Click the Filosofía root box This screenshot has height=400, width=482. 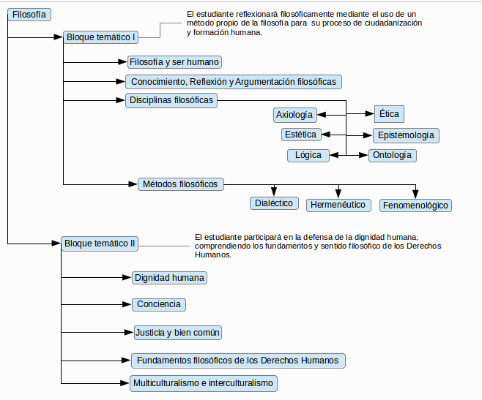pos(29,15)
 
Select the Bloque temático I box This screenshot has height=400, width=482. pos(100,37)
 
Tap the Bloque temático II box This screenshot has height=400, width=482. pos(100,244)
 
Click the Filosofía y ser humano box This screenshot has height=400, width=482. pos(174,62)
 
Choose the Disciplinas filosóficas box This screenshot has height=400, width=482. pos(171,100)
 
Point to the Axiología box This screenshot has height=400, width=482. pos(294,115)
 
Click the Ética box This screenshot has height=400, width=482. pos(389,114)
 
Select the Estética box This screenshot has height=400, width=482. pos(301,135)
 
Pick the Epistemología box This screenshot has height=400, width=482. pos(406,135)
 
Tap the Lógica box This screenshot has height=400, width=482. pos(308,155)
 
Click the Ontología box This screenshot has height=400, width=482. pos(393,155)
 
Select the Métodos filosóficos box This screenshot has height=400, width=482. pos(181,184)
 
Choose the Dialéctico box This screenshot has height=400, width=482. pos(274,203)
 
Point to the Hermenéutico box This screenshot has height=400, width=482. pos(338,205)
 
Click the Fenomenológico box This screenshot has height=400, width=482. pos(415,205)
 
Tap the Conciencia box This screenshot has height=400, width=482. pos(159,304)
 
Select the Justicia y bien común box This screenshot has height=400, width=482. pos(178,333)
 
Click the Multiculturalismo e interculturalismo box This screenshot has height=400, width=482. pos(204,383)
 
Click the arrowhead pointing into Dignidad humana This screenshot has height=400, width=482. pos(127,277)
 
